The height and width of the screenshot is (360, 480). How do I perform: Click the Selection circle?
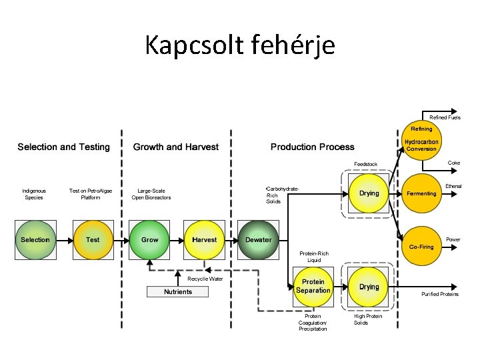(x=35, y=240)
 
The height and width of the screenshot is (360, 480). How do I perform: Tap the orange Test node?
(x=93, y=240)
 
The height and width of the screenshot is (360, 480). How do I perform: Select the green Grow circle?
(x=149, y=240)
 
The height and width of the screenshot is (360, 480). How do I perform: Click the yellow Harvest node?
(x=204, y=240)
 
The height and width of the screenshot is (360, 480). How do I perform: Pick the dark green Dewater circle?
(x=259, y=240)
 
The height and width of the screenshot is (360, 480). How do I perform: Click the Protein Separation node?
(x=313, y=287)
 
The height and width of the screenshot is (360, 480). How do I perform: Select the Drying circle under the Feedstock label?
(x=369, y=193)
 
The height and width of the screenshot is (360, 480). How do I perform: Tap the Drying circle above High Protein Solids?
(x=369, y=287)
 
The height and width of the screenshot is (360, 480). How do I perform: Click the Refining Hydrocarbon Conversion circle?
(x=421, y=140)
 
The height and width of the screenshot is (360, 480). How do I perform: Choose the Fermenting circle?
(x=421, y=193)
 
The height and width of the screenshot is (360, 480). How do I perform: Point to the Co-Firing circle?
(x=421, y=246)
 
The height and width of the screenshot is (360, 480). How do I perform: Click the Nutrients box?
(x=177, y=292)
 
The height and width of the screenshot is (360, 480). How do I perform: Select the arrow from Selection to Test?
(x=65, y=241)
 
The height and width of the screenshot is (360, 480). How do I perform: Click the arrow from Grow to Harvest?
(x=177, y=241)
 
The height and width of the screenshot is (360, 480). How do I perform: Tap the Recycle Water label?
(x=205, y=279)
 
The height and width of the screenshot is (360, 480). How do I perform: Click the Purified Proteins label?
(x=440, y=294)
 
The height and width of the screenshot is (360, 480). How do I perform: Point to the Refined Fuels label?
(x=445, y=117)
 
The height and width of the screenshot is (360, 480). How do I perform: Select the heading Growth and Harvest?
(x=176, y=147)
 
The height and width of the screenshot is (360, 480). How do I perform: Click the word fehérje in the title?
(x=293, y=45)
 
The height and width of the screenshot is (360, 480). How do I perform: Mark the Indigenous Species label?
(x=34, y=194)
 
